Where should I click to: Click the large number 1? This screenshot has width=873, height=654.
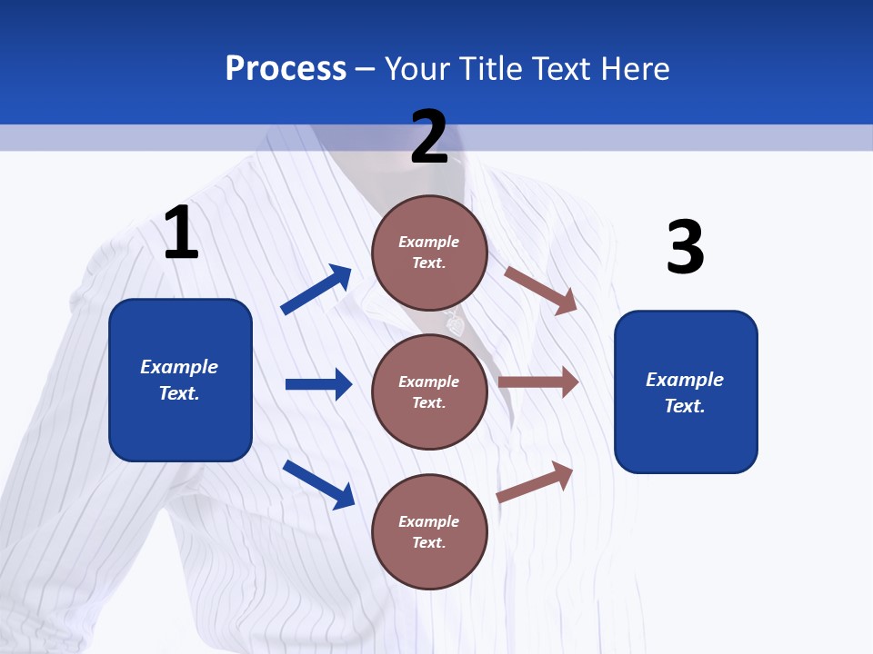pyautogui.click(x=181, y=233)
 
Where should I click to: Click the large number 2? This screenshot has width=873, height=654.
pyautogui.click(x=429, y=137)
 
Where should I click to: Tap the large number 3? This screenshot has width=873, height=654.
pyautogui.click(x=686, y=247)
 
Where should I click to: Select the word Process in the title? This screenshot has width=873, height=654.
pyautogui.click(x=286, y=68)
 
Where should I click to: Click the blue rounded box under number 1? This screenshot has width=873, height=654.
pyautogui.click(x=180, y=380)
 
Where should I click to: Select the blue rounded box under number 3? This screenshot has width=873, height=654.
pyautogui.click(x=686, y=392)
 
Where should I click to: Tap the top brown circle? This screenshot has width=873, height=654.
pyautogui.click(x=429, y=253)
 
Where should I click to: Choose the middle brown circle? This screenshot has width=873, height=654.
pyautogui.click(x=429, y=391)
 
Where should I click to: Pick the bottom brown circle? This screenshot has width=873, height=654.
pyautogui.click(x=429, y=531)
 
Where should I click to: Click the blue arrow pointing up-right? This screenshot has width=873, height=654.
pyautogui.click(x=316, y=290)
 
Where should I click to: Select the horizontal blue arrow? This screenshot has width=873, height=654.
pyautogui.click(x=318, y=384)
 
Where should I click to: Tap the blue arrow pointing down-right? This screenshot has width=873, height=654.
pyautogui.click(x=318, y=484)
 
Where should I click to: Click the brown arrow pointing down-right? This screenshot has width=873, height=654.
pyautogui.click(x=541, y=290)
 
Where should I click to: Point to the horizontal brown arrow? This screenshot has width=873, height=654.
pyautogui.click(x=538, y=382)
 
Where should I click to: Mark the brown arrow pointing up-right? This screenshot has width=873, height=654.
pyautogui.click(x=536, y=481)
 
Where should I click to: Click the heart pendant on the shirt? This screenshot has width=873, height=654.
pyautogui.click(x=454, y=323)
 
